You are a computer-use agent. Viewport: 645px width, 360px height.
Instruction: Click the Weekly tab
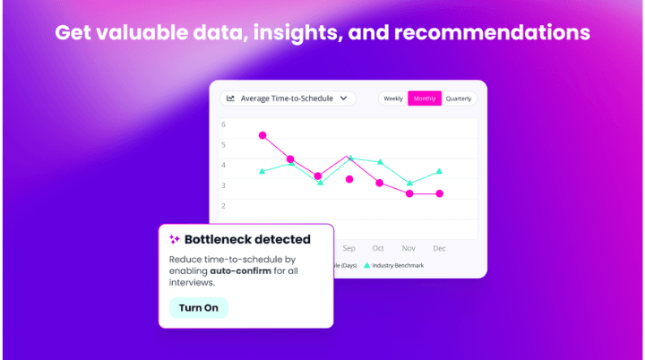point(392,99)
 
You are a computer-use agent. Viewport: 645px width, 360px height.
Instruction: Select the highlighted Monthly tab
point(425,99)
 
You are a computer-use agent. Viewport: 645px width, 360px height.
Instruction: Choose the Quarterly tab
point(459,99)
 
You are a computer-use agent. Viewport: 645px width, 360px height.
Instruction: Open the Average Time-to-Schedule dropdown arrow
point(343,99)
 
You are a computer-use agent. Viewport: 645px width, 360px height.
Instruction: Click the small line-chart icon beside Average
point(230,99)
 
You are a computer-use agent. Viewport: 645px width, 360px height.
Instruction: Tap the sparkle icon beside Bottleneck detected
point(175,240)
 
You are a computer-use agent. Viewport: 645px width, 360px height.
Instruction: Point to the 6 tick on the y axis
point(223,124)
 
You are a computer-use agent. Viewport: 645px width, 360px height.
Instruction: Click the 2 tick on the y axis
point(223,206)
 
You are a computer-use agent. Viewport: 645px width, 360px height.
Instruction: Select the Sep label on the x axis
point(348,248)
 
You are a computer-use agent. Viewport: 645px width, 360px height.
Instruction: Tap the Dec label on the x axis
point(439,248)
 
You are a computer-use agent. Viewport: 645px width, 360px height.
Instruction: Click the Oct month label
point(378,248)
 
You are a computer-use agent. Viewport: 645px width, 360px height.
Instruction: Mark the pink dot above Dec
point(439,193)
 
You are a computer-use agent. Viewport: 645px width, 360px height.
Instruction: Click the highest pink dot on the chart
point(262,135)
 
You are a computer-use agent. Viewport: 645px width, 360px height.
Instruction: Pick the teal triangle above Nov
point(409,184)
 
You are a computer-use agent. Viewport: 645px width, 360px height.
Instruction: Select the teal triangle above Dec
point(439,171)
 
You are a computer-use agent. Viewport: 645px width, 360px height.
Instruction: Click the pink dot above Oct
point(379,183)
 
